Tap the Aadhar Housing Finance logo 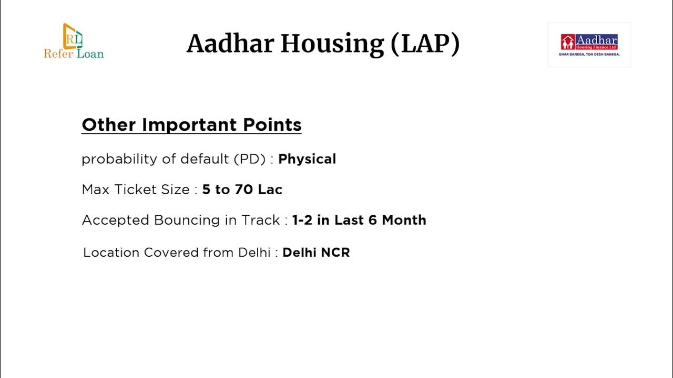pos(589,45)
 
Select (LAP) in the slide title pos(425,44)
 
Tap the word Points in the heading pos(272,125)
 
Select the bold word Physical pos(307,159)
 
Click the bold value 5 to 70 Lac pos(242,190)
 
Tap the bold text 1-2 pos(302,220)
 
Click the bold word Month pos(404,220)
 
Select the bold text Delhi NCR pos(316,253)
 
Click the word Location pos(111,253)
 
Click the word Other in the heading pos(109,125)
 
